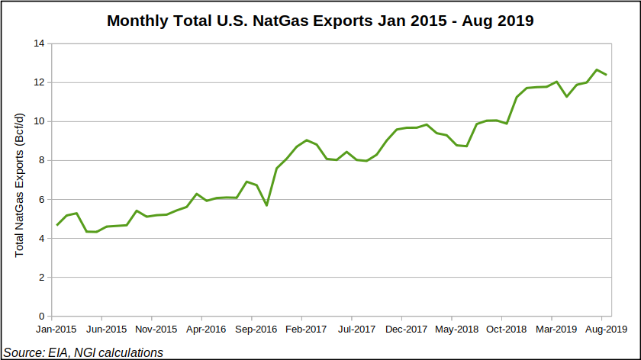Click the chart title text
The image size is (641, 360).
tap(320, 21)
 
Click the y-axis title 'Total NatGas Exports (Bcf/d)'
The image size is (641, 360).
tap(20, 185)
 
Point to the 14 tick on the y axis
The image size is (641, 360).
tap(38, 43)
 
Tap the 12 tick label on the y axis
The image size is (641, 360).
tap(38, 82)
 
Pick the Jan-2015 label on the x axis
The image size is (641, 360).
tap(56, 330)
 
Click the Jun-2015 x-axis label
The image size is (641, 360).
tap(105, 330)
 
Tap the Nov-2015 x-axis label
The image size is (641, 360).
tap(156, 330)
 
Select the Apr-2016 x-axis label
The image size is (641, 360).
tap(205, 330)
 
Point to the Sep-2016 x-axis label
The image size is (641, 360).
tap(256, 330)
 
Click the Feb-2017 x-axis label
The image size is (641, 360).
tap(305, 330)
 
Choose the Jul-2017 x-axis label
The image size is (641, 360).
tap(356, 330)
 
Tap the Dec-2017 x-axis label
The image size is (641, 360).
tap(405, 330)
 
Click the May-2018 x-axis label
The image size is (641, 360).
tap(456, 330)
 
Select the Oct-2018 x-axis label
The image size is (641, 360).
tap(505, 330)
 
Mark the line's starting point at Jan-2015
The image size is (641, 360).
tap(56, 225)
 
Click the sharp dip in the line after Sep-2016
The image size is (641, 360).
tap(266, 205)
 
